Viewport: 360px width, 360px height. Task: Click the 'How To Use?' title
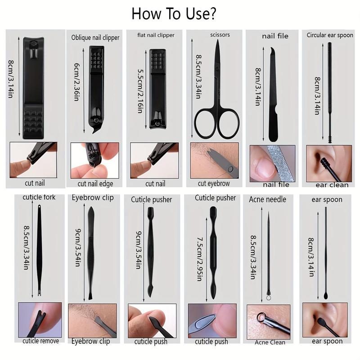click(174, 13)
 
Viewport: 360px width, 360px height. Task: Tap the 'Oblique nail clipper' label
click(95, 38)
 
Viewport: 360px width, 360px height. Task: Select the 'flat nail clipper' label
click(156, 35)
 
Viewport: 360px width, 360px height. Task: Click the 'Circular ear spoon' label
click(330, 35)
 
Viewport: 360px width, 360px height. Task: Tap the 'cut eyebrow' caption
click(214, 183)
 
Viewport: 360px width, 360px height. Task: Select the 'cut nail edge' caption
click(95, 183)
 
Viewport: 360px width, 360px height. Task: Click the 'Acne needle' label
click(267, 199)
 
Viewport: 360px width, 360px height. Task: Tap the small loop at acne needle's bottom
click(269, 297)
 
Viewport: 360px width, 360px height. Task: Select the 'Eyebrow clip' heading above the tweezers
click(93, 198)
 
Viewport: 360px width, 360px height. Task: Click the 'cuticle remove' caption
click(40, 341)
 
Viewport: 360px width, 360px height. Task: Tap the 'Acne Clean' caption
click(270, 342)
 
